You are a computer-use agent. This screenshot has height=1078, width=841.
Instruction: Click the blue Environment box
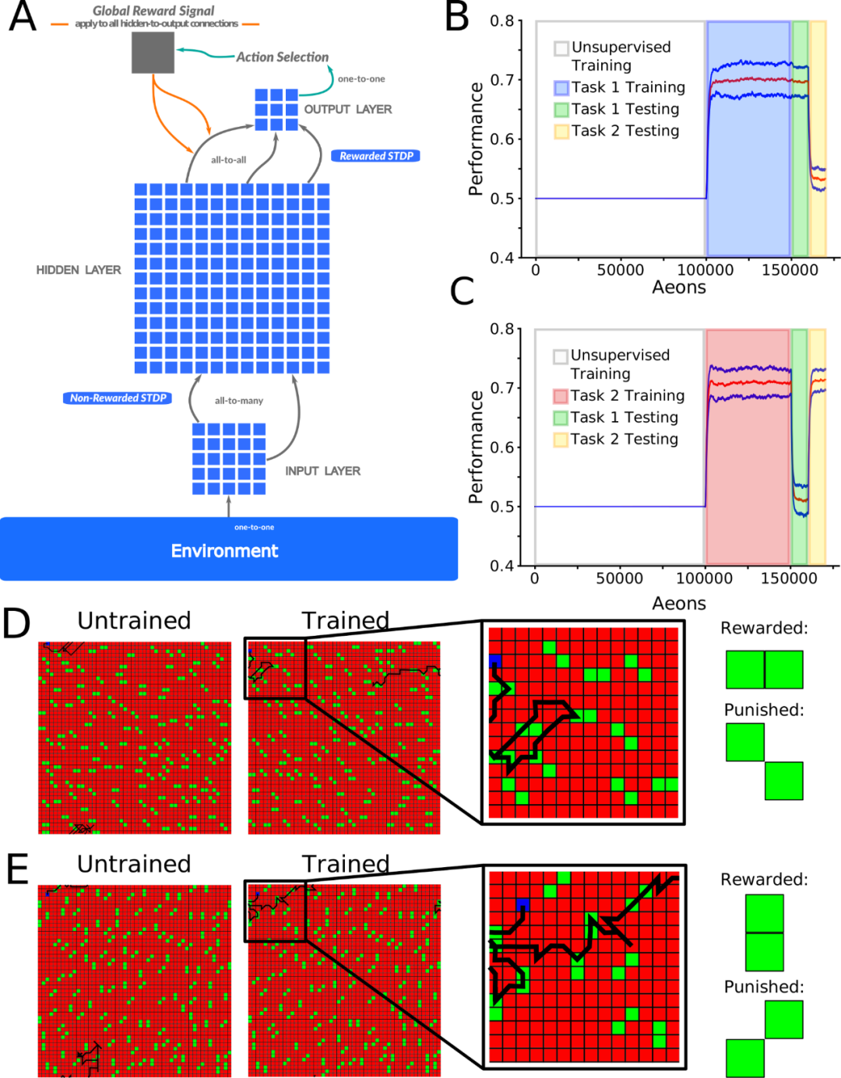click(228, 549)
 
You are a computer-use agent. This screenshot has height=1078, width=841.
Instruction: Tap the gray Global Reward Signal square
click(153, 53)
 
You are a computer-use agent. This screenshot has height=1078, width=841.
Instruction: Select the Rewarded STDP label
click(376, 156)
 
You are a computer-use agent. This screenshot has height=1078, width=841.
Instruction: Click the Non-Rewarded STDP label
click(118, 398)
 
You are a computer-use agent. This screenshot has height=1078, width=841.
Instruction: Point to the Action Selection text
click(282, 57)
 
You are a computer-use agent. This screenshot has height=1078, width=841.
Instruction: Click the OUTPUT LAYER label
click(347, 109)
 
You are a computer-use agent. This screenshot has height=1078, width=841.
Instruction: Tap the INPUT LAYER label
click(322, 471)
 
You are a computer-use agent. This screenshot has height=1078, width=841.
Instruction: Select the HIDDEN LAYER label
click(79, 269)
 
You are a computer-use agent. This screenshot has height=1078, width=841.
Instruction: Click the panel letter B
click(458, 17)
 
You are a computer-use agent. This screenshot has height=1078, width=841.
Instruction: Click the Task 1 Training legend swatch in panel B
click(561, 88)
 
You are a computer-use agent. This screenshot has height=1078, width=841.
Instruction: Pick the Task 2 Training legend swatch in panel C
click(561, 396)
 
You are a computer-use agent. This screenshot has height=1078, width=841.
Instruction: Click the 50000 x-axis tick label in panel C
click(619, 578)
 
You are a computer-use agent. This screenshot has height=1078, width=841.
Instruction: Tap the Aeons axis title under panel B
click(679, 287)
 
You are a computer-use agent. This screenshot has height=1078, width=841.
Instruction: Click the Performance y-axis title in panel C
click(476, 447)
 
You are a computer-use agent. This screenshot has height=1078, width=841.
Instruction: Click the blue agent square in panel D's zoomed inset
click(494, 662)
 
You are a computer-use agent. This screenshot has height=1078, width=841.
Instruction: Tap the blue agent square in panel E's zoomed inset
click(523, 904)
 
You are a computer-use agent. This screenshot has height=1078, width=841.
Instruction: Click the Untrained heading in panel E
click(134, 864)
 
